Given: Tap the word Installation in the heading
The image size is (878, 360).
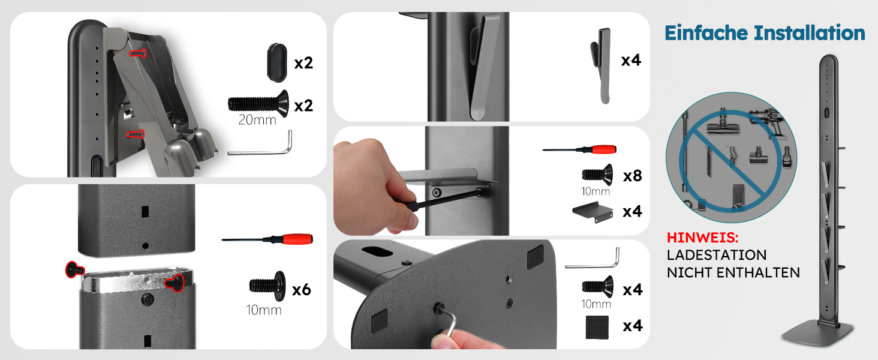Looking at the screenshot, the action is point(810,32).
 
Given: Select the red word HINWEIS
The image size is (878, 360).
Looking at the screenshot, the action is point(702,238).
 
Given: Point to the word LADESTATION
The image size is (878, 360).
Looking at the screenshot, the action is point(717,255).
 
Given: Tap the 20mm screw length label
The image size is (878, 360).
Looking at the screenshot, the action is point(257,119).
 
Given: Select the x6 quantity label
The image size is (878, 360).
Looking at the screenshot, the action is point(302,290).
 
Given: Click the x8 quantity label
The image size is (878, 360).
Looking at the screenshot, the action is point(633,176).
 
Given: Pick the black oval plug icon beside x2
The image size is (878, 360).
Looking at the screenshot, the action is point(277,63).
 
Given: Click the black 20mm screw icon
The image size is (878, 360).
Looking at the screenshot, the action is point(258,104).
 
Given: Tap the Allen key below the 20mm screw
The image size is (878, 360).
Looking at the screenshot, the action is point(260,143).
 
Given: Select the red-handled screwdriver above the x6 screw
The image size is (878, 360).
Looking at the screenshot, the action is point(267,239).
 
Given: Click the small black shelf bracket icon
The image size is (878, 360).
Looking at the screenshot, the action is point(593,212).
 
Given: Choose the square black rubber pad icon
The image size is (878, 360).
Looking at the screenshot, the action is point(597,327).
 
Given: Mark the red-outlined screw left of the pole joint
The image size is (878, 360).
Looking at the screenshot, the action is point(75,270).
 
